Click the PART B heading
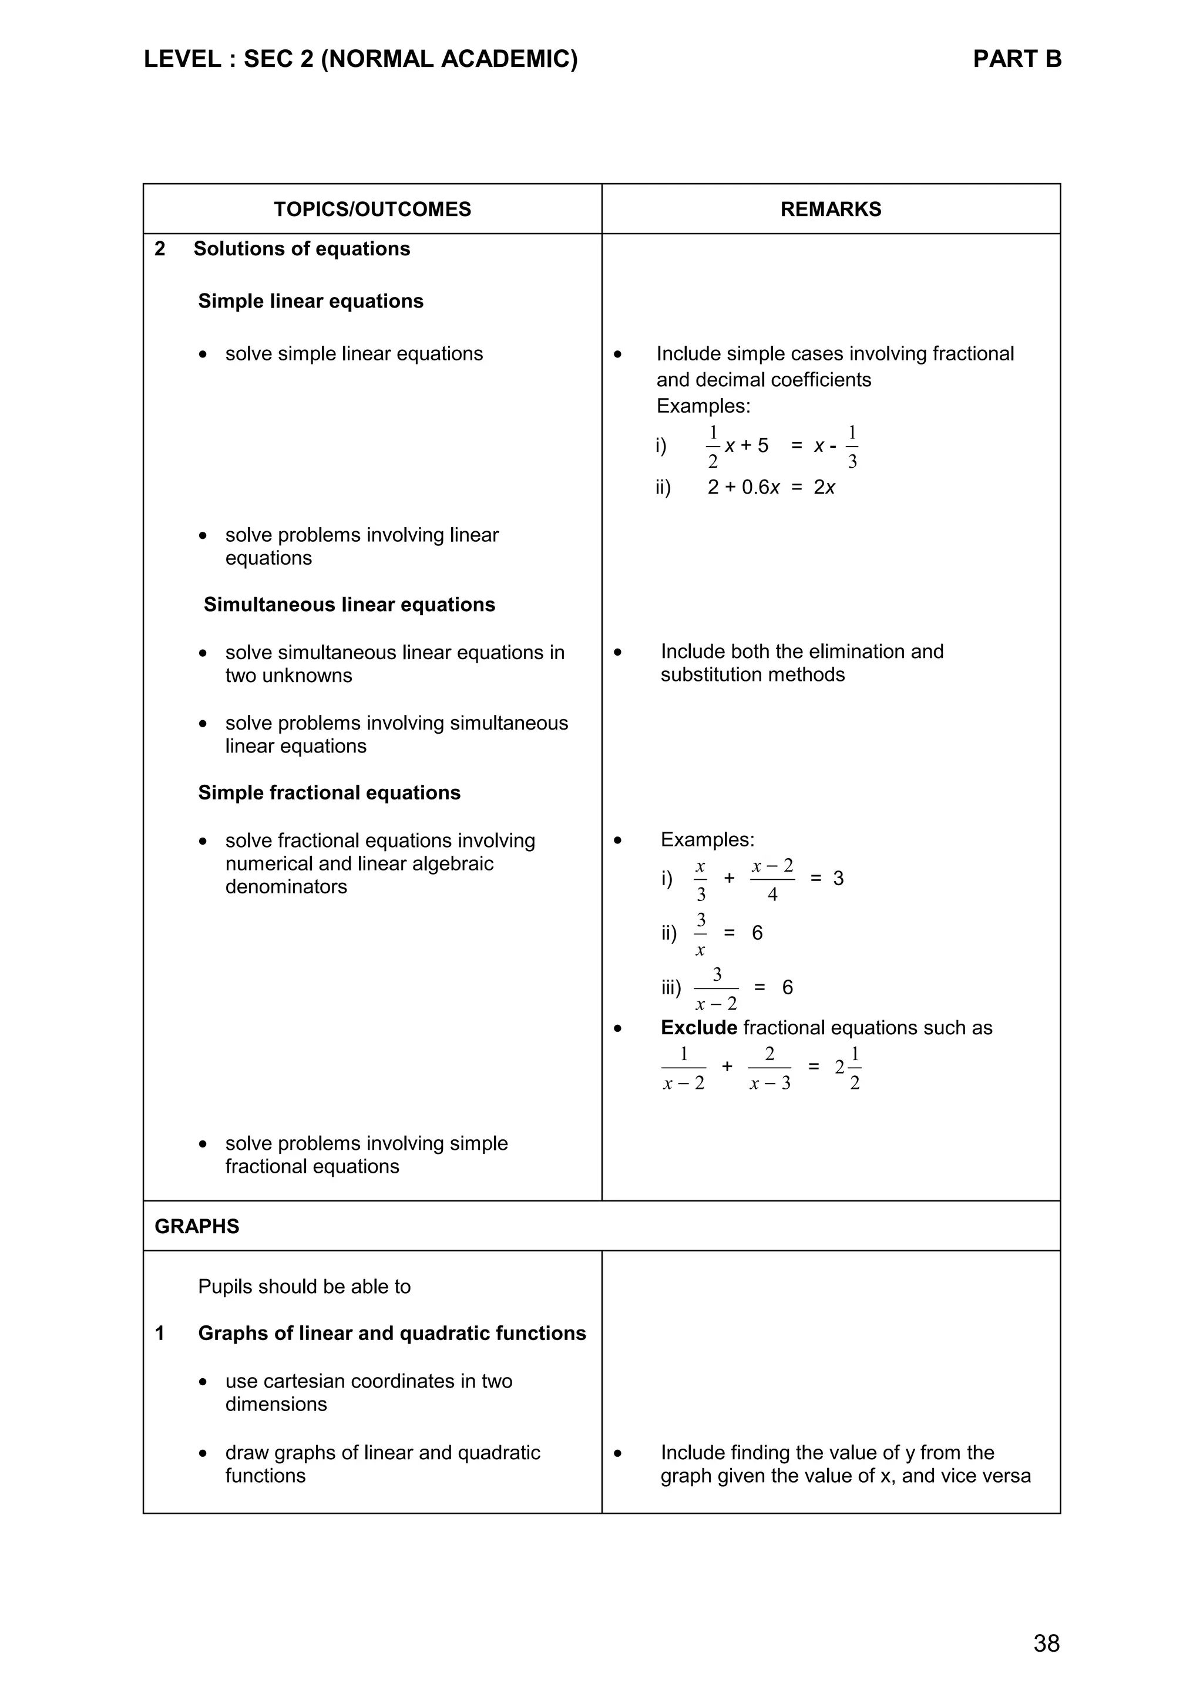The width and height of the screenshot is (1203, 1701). (1016, 59)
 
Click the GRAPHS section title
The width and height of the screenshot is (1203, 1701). (196, 1226)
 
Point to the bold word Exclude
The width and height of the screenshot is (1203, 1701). (698, 1028)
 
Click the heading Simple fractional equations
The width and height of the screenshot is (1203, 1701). (329, 793)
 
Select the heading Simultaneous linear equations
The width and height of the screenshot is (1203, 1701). (349, 605)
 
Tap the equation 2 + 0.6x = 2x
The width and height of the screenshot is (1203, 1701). (771, 488)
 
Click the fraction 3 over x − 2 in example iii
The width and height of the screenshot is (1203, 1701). (716, 989)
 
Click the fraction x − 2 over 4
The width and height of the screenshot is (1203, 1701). (772, 879)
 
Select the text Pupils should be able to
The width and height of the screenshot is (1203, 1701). (304, 1286)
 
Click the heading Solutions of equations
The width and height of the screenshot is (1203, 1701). (302, 249)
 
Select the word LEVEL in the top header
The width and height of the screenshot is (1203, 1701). (182, 59)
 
